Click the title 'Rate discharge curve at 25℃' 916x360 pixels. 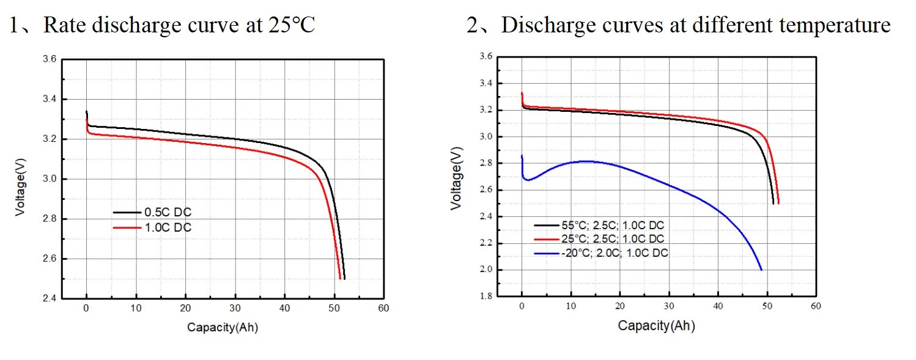click(x=180, y=25)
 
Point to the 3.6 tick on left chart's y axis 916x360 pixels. click(x=49, y=59)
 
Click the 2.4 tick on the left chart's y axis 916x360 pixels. click(x=49, y=298)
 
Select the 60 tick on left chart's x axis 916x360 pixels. click(x=383, y=309)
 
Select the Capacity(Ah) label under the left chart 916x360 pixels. click(x=223, y=328)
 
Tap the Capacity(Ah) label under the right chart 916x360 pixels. click(x=657, y=326)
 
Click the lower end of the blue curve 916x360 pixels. click(x=761, y=270)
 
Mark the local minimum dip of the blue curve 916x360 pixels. click(x=528, y=180)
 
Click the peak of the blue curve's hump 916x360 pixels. click(x=586, y=161)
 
